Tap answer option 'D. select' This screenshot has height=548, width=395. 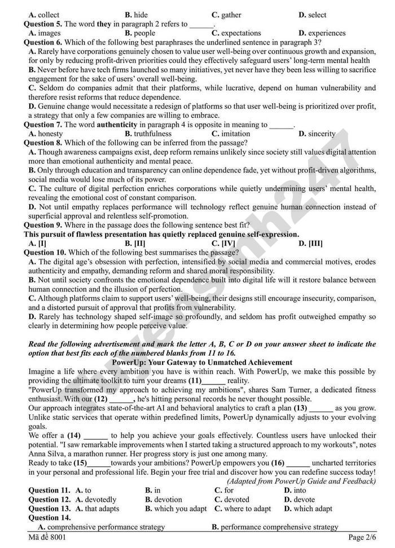click(x=312, y=15)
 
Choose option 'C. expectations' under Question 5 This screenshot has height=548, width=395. click(x=236, y=33)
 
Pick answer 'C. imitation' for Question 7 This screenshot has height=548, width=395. click(x=231, y=134)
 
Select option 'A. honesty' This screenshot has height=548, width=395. click(x=46, y=134)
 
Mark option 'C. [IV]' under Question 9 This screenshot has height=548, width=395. click(x=223, y=243)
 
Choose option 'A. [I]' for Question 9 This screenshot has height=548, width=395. click(x=37, y=243)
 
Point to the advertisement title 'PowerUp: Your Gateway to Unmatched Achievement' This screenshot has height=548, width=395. click(x=202, y=363)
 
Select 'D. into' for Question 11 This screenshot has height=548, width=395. click(x=295, y=490)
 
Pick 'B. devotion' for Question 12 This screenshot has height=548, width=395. click(x=164, y=500)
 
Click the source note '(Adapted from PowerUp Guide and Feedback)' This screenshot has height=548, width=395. click(x=301, y=481)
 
